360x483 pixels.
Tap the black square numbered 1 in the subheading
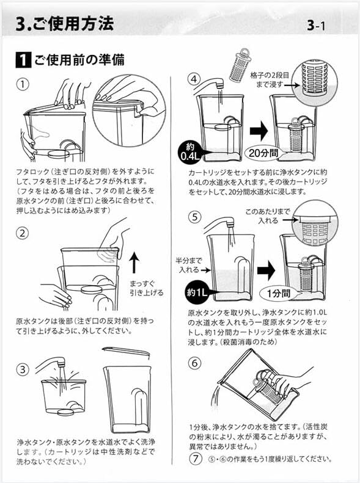point(22,60)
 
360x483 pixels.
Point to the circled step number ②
point(23,233)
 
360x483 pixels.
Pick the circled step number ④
point(194,79)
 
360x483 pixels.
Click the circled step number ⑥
point(194,362)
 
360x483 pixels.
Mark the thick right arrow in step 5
point(264,269)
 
